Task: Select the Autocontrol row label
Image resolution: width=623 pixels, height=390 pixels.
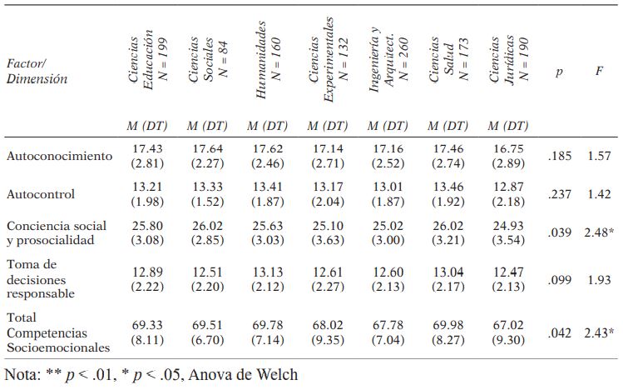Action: pyautogui.click(x=41, y=194)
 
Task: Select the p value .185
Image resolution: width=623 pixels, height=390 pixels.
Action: pyautogui.click(x=560, y=156)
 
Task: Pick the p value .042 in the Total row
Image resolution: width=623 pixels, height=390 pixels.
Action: pyautogui.click(x=560, y=332)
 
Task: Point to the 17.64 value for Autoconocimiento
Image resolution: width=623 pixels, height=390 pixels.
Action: pyautogui.click(x=205, y=148)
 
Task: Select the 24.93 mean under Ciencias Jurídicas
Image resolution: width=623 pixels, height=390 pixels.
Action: pyautogui.click(x=507, y=226)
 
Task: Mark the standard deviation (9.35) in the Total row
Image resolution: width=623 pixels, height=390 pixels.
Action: pyautogui.click(x=327, y=340)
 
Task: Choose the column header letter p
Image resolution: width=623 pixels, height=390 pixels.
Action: pyautogui.click(x=559, y=72)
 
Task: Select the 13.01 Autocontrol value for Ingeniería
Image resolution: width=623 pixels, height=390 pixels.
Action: pyautogui.click(x=387, y=187)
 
